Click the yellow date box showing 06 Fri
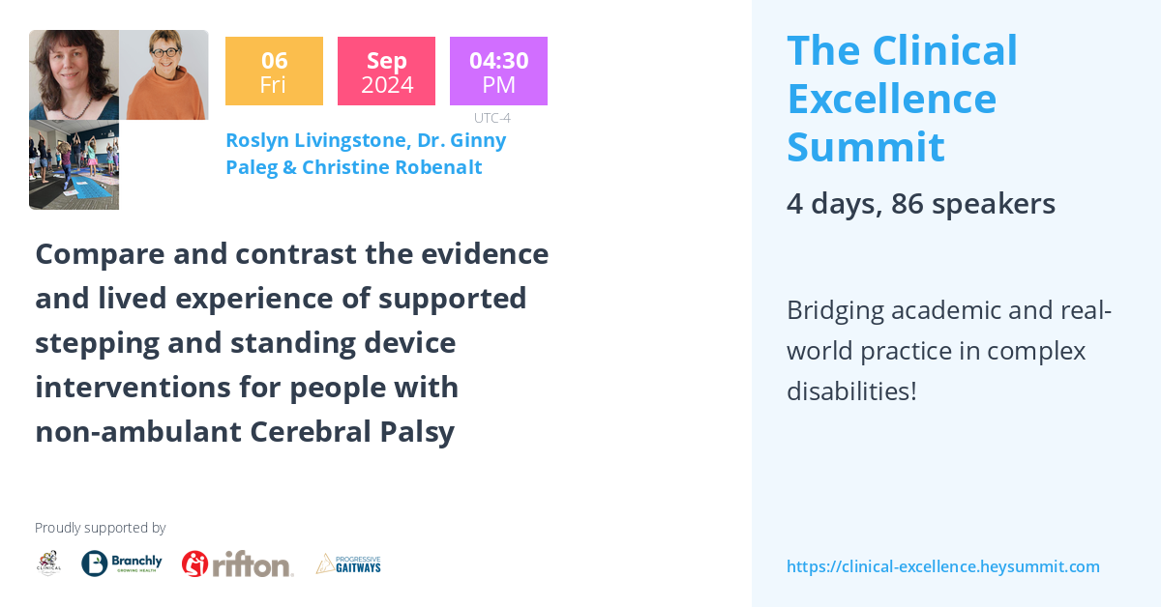pyautogui.click(x=274, y=72)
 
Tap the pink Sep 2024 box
pyautogui.click(x=386, y=72)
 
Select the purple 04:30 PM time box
pyautogui.click(x=498, y=72)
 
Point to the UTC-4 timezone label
pyautogui.click(x=491, y=118)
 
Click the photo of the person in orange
pyautogui.click(x=164, y=75)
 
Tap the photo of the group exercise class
pyautogui.click(x=74, y=165)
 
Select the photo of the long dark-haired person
pyautogui.click(x=74, y=75)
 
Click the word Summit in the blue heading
pyautogui.click(x=865, y=147)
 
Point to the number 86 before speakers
pyautogui.click(x=908, y=204)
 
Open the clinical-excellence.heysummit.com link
pyautogui.click(x=942, y=566)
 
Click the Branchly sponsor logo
pyautogui.click(x=122, y=563)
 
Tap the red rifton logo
pyautogui.click(x=237, y=564)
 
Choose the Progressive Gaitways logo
pyautogui.click(x=348, y=564)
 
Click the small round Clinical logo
pyautogui.click(x=48, y=563)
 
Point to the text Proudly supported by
pyautogui.click(x=101, y=528)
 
